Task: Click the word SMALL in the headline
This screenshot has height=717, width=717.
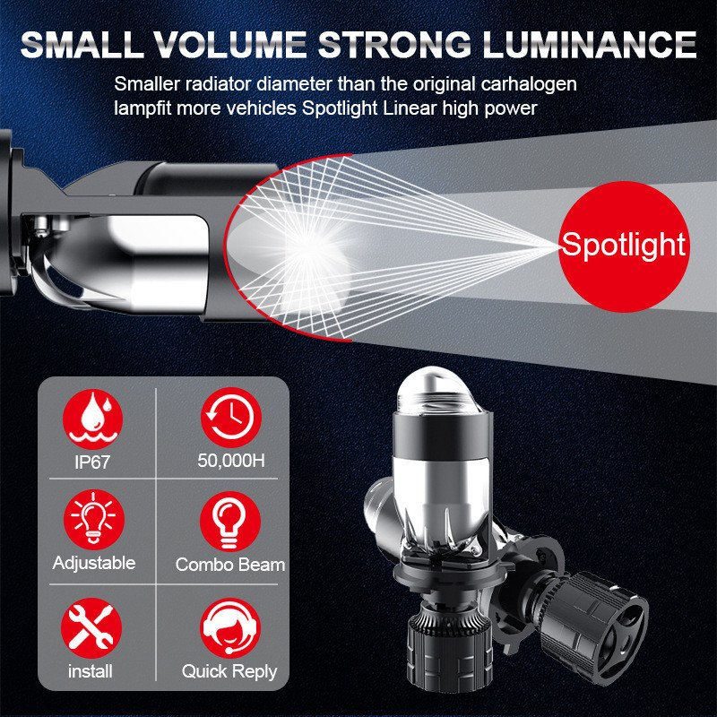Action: point(81,44)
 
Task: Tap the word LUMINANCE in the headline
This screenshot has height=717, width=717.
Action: point(590,44)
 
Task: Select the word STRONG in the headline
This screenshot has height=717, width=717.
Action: point(394,44)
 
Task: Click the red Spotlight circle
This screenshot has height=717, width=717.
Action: point(624,246)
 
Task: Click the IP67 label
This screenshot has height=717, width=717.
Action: point(92,462)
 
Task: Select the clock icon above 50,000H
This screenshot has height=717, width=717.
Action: point(231,418)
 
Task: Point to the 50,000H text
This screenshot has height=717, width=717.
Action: point(231,461)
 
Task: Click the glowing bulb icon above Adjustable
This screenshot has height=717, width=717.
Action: point(94,520)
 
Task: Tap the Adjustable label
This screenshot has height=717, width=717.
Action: point(94,563)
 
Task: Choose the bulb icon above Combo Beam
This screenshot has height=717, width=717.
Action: point(230,522)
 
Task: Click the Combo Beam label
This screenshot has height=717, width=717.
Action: point(230,565)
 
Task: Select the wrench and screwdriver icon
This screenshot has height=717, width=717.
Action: point(91,628)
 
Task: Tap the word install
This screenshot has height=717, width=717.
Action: point(91,671)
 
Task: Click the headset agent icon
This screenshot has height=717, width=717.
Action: point(230,628)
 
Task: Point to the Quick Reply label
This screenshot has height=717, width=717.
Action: point(229,671)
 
